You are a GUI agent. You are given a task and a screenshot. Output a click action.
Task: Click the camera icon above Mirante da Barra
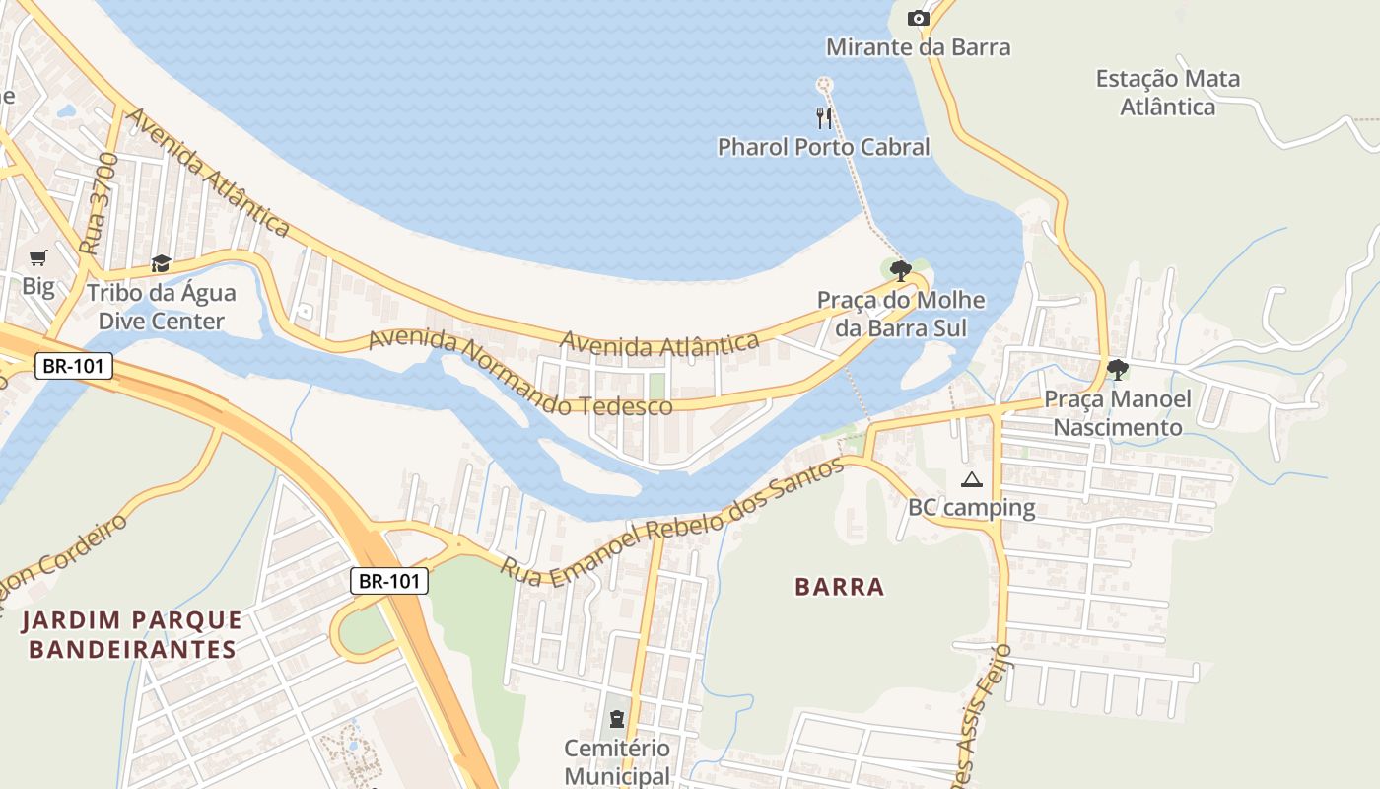(x=918, y=18)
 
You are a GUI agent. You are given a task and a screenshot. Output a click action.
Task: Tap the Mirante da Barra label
(x=918, y=47)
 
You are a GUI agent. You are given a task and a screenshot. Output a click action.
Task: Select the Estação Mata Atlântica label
(x=1168, y=92)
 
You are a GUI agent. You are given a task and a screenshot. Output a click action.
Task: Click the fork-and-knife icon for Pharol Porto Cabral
(x=824, y=117)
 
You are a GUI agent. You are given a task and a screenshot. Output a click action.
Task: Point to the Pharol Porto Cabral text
(x=823, y=147)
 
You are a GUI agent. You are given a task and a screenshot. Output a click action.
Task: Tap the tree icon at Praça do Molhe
(x=900, y=270)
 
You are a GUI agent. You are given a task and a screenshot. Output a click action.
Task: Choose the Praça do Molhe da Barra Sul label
(x=901, y=314)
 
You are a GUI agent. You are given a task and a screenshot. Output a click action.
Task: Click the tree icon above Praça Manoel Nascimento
(x=1117, y=370)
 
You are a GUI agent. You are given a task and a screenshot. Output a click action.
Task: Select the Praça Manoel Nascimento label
(x=1117, y=413)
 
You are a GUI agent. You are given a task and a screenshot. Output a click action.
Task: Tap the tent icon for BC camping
(x=972, y=480)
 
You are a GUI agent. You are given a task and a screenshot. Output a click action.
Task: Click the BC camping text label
(x=971, y=508)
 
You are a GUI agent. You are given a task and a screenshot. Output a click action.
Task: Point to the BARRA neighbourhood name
(x=840, y=587)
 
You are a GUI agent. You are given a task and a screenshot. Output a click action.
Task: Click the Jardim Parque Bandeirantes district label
(x=132, y=634)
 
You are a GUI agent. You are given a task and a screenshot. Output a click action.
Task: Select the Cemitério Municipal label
(x=617, y=761)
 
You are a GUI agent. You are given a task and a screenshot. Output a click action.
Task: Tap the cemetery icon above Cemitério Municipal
(x=617, y=719)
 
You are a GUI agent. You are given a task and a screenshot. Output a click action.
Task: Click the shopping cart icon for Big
(x=38, y=258)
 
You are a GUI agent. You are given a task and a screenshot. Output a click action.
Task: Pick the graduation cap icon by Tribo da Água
(x=161, y=263)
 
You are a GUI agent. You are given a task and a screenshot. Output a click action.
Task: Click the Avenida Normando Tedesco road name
(x=520, y=374)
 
